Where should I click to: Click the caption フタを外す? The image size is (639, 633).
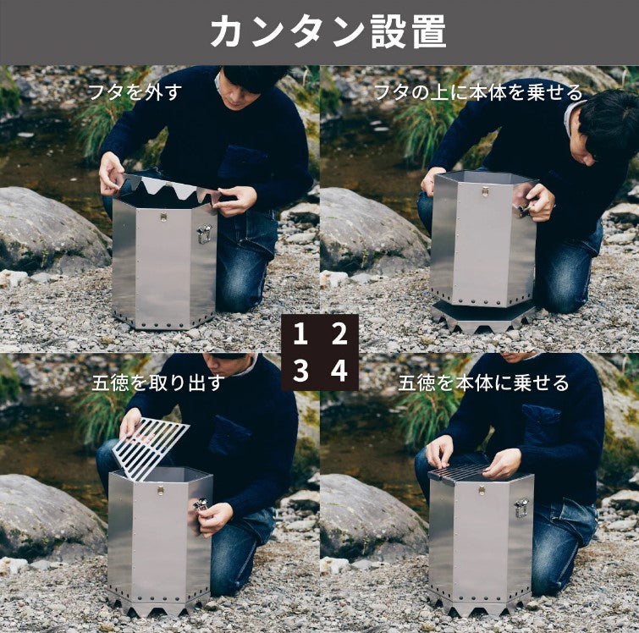click(x=135, y=92)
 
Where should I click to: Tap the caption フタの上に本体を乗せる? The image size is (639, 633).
click(x=478, y=92)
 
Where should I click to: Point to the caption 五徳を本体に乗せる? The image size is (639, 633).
click(x=484, y=383)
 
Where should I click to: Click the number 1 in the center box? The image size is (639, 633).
click(x=300, y=334)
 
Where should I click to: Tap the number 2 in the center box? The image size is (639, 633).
click(x=339, y=334)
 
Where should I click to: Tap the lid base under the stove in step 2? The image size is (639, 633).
click(x=482, y=316)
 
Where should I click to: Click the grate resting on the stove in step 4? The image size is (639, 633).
click(x=461, y=471)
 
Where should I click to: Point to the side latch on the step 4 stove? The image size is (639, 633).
click(x=521, y=508)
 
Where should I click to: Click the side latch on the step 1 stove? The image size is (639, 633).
click(x=204, y=234)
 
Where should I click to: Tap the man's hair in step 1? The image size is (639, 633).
click(x=253, y=76)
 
